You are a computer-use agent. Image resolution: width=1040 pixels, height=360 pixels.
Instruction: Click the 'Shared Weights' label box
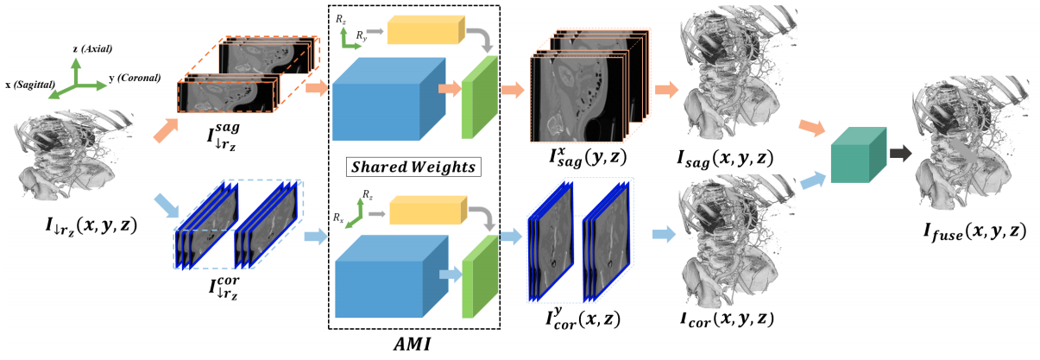pyautogui.click(x=413, y=167)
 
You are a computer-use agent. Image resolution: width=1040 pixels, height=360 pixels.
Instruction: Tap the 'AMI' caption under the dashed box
pyautogui.click(x=413, y=344)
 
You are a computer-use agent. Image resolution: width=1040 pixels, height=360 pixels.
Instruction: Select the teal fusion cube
pyautogui.click(x=859, y=155)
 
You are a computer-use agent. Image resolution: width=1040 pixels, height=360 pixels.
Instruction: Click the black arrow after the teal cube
pyautogui.click(x=901, y=154)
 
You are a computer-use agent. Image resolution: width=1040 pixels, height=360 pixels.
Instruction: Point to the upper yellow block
pyautogui.click(x=425, y=29)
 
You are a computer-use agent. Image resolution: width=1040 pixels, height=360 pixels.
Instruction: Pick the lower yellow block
pyautogui.click(x=428, y=210)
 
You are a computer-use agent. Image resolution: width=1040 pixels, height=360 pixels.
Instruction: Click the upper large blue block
pyautogui.click(x=389, y=99)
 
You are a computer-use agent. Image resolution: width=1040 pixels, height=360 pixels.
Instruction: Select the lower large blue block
pyautogui.click(x=391, y=276)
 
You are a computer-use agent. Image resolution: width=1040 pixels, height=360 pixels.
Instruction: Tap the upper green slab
pyautogui.click(x=479, y=98)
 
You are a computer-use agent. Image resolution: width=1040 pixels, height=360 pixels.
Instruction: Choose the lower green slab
pyautogui.click(x=480, y=277)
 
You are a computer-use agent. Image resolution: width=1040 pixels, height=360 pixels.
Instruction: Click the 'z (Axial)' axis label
pyautogui.click(x=92, y=48)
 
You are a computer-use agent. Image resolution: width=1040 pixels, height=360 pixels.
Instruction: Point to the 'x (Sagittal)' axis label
pyautogui.click(x=30, y=85)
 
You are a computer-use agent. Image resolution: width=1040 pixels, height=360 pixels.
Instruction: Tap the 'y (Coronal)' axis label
pyautogui.click(x=135, y=78)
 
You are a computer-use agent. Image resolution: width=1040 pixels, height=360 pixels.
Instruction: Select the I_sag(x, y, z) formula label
pyautogui.click(x=725, y=159)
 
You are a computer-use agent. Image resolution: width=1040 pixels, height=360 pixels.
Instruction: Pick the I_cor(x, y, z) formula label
pyautogui.click(x=727, y=319)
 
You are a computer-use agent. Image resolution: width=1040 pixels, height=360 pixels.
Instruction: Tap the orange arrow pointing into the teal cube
pyautogui.click(x=811, y=127)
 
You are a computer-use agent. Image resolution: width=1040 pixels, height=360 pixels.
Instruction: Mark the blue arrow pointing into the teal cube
pyautogui.click(x=813, y=180)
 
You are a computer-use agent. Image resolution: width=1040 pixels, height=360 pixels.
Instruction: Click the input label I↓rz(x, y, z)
pyautogui.click(x=91, y=226)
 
